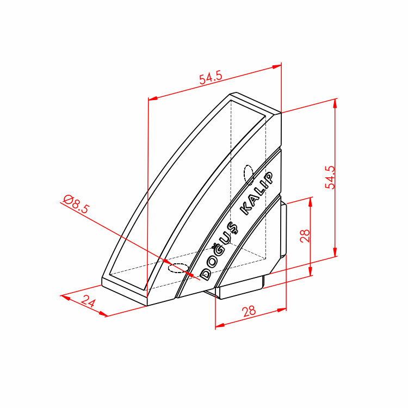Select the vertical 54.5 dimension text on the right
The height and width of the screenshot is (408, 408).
pyautogui.click(x=330, y=177)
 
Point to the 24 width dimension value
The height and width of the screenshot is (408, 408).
pyautogui.click(x=88, y=301)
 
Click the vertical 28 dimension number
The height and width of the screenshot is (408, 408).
pyautogui.click(x=305, y=236)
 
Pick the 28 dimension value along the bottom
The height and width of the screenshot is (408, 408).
pyautogui.click(x=249, y=311)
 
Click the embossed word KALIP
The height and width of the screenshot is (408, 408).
pyautogui.click(x=257, y=194)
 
